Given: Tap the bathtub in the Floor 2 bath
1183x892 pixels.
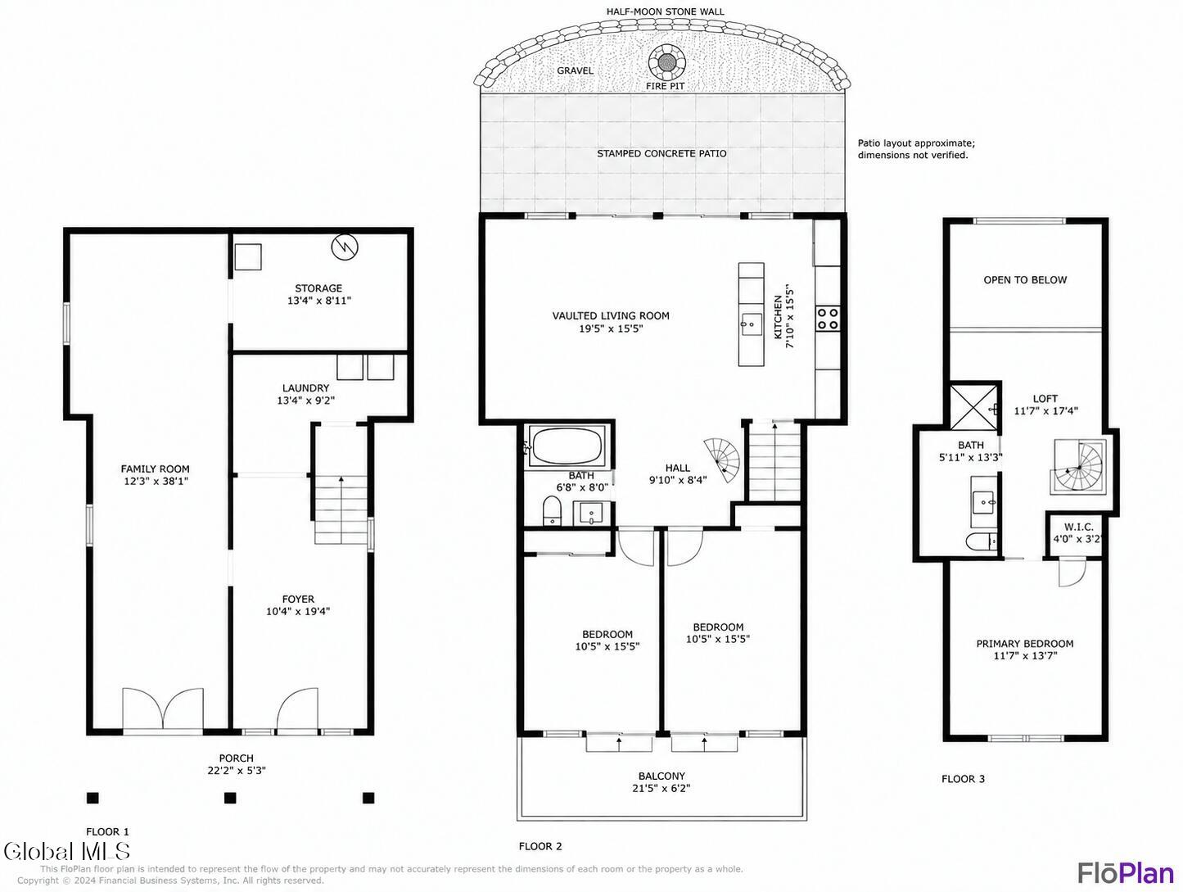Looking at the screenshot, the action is click(567, 446).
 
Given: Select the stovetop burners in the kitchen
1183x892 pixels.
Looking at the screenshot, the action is click(828, 318).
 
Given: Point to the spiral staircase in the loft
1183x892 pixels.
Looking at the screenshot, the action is click(1077, 467).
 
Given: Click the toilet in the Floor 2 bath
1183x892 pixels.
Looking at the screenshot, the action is click(551, 511).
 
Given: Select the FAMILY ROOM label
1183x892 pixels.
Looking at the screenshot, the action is click(156, 469).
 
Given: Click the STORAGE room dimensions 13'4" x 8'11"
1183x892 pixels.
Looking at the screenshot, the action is click(319, 301).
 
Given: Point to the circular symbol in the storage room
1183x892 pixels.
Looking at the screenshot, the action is click(345, 247).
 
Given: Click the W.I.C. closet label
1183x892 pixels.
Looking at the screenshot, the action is click(1078, 528).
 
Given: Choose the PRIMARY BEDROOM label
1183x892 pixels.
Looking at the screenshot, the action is click(1024, 644).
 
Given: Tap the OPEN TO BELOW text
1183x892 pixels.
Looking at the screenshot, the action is click(1024, 280).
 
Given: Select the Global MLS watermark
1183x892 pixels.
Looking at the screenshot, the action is click(67, 852).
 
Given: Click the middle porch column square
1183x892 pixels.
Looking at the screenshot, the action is click(230, 798).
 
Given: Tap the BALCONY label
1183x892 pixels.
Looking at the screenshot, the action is click(661, 777).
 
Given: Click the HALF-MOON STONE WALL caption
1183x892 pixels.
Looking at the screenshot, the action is click(665, 11).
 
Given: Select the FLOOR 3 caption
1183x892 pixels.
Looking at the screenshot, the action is click(963, 779).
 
